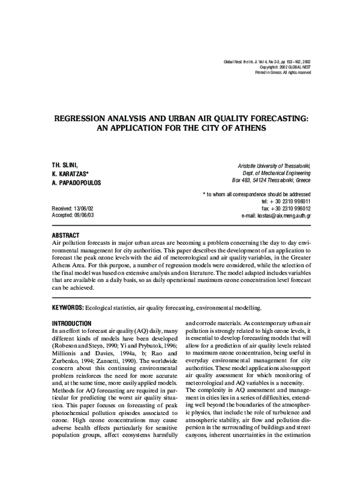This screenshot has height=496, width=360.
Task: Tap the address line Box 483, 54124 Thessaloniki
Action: (x=271, y=180)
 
